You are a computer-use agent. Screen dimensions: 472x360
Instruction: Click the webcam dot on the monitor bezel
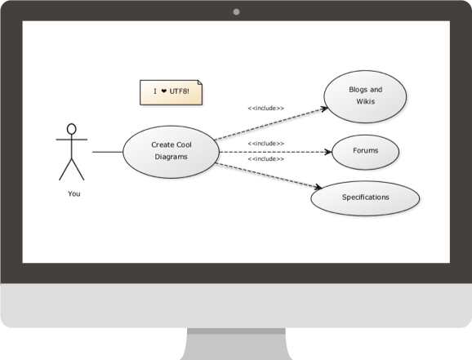pyautogui.click(x=236, y=12)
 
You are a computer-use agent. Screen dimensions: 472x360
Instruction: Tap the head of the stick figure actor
pyautogui.click(x=71, y=129)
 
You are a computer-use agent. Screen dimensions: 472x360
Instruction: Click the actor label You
pyautogui.click(x=74, y=193)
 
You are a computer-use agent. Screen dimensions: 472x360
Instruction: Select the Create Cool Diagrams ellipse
pyautogui.click(x=171, y=152)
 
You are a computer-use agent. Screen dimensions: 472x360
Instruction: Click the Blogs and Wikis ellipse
pyautogui.click(x=365, y=96)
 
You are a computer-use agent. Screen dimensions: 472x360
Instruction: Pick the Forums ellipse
pyautogui.click(x=366, y=152)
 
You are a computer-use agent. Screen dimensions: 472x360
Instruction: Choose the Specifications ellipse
pyautogui.click(x=365, y=198)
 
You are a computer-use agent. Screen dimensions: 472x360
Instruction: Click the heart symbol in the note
pyautogui.click(x=164, y=91)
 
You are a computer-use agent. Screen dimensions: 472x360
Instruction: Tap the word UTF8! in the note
pyautogui.click(x=180, y=91)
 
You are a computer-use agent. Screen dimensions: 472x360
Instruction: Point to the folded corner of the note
pyautogui.click(x=200, y=82)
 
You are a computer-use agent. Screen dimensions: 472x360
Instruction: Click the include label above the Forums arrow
pyautogui.click(x=265, y=144)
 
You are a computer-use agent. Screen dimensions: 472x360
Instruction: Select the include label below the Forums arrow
pyautogui.click(x=265, y=159)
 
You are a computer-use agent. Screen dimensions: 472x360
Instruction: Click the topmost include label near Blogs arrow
pyautogui.click(x=265, y=108)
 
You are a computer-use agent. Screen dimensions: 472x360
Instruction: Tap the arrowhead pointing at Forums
pyautogui.click(x=328, y=152)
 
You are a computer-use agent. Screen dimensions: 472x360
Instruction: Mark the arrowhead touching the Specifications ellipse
pyautogui.click(x=318, y=187)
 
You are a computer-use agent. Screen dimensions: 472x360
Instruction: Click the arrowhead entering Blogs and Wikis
pyautogui.click(x=324, y=109)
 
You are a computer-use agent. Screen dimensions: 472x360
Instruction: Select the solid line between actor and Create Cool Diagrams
pyautogui.click(x=108, y=152)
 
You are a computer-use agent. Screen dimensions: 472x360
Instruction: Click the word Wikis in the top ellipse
pyautogui.click(x=366, y=101)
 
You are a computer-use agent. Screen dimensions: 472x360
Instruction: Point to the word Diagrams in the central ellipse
pyautogui.click(x=171, y=157)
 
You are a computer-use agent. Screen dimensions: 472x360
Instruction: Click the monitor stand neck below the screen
pyautogui.click(x=236, y=344)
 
